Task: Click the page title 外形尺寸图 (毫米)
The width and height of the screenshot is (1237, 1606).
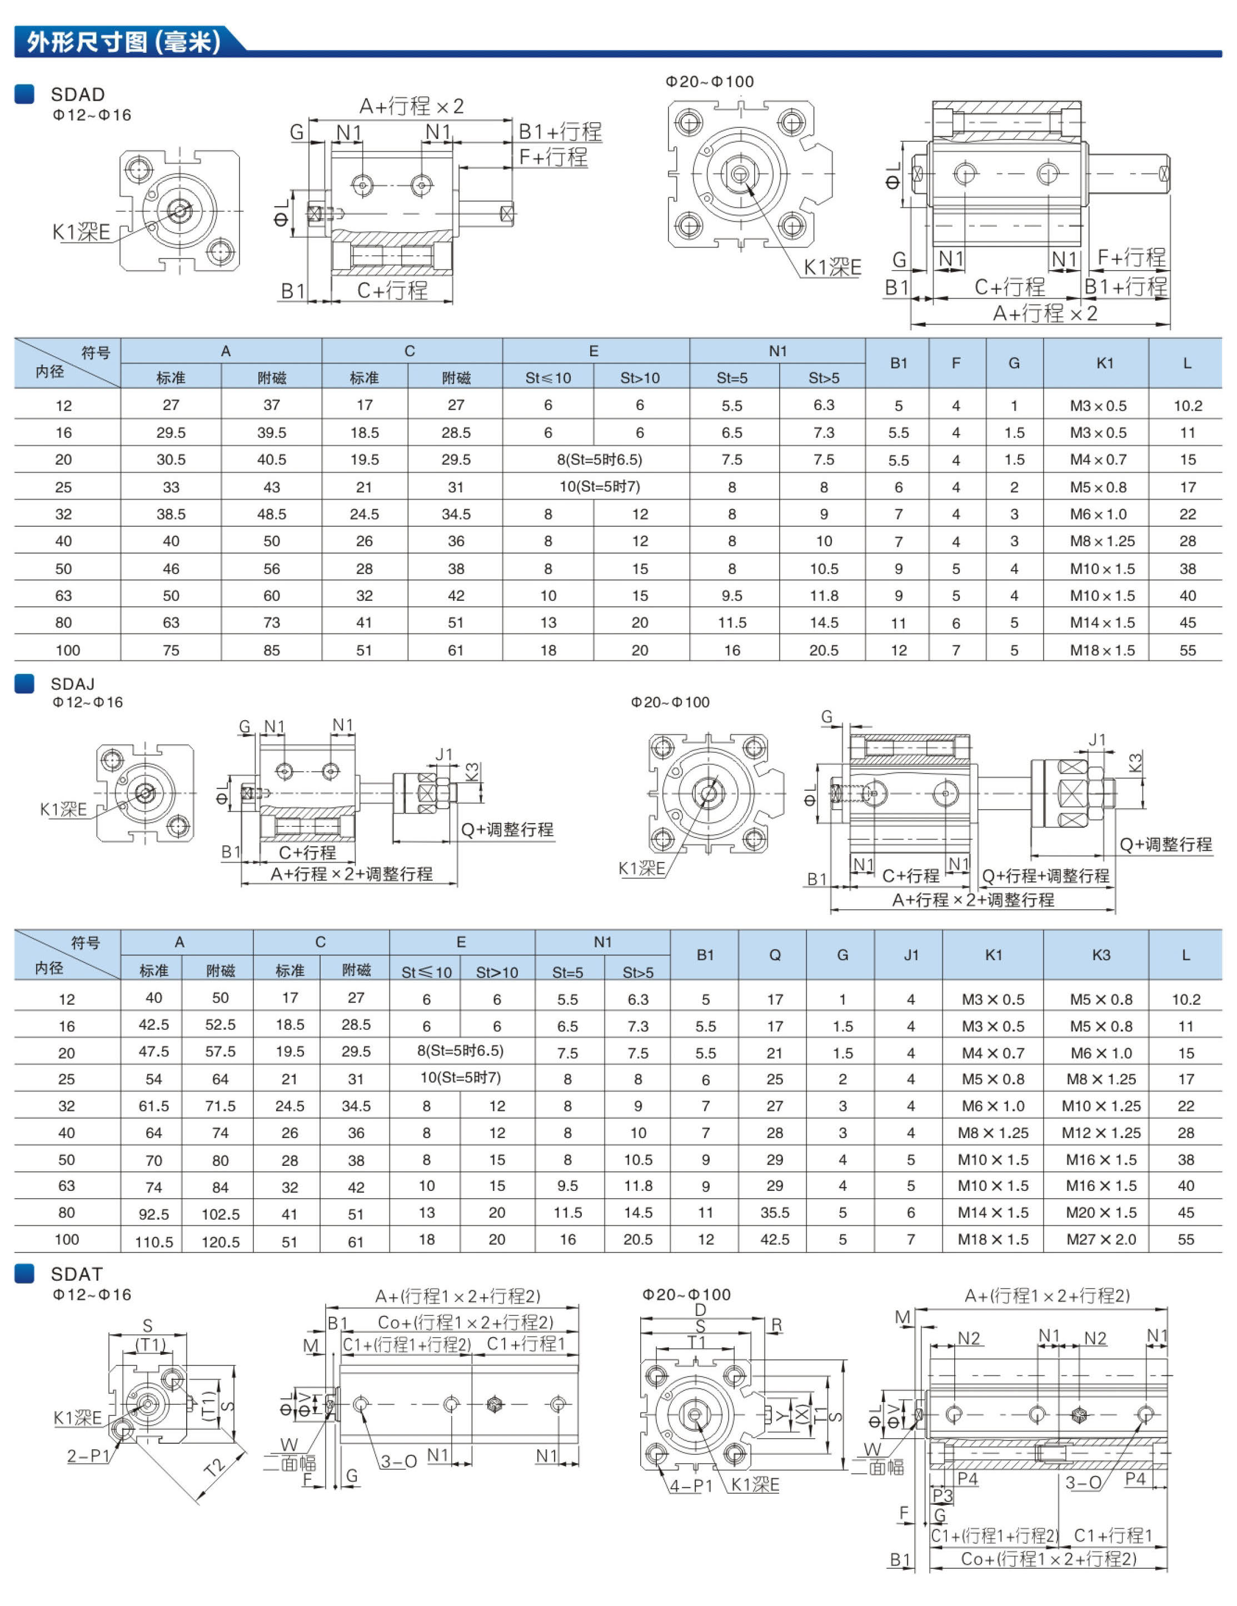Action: pos(123,41)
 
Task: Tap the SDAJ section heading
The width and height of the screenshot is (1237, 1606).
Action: pos(73,684)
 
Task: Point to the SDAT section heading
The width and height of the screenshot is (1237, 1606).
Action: pos(77,1274)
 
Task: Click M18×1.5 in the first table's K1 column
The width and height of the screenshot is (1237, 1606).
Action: pos(1103,650)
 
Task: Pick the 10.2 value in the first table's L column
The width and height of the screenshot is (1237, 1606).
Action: pos(1188,405)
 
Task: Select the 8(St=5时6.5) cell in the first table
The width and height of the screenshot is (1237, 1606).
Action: pos(600,460)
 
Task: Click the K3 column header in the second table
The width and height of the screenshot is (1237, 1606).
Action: pos(1101,955)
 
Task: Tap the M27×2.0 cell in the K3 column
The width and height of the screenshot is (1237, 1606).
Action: pos(1101,1239)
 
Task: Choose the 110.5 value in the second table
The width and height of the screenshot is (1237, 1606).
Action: pos(154,1242)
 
